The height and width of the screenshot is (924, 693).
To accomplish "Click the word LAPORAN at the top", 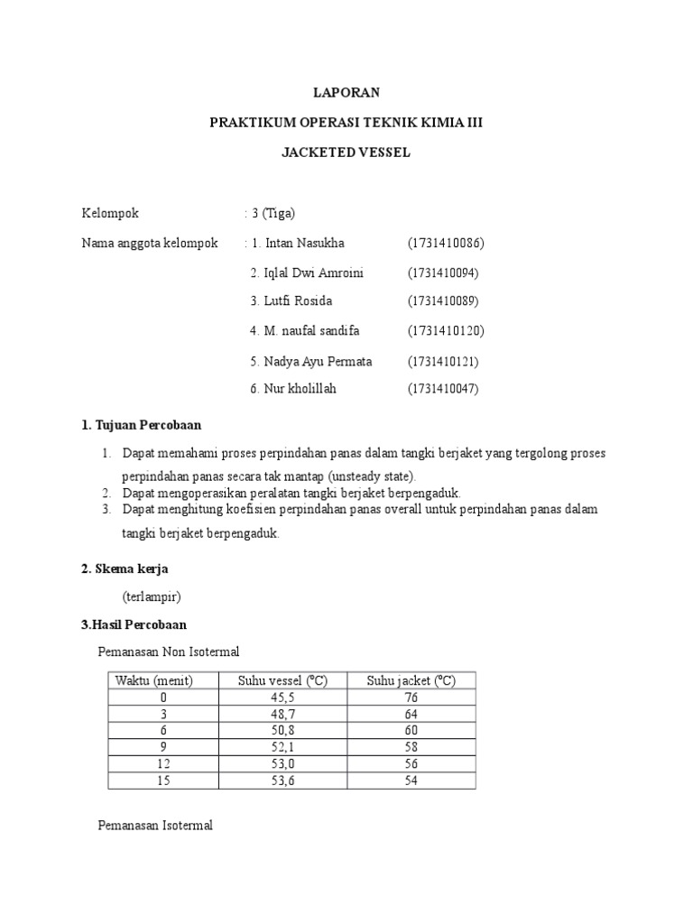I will pos(346,92).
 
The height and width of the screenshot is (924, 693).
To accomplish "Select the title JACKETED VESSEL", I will pos(346,152).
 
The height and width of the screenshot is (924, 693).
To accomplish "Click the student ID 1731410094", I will pos(443,273).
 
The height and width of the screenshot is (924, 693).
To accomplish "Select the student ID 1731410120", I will pos(446,331).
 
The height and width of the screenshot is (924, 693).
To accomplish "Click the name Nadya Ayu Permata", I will pos(311,361).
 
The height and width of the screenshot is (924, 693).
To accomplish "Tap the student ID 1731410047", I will pos(443,389).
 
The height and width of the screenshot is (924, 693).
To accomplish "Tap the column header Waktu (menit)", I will pos(153,680).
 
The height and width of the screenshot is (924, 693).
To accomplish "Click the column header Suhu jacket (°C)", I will pos(411,680).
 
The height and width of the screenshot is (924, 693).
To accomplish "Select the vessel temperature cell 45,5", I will pos(282,698).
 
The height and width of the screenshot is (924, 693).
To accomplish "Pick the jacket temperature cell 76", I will pos(411,698).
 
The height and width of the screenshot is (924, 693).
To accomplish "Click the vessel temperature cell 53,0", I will pos(282,763).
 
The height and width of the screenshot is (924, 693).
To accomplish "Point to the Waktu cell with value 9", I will pos(163,747).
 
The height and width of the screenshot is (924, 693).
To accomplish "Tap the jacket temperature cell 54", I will pos(411,780).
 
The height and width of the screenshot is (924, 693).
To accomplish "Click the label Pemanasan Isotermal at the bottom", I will pos(154,826).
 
